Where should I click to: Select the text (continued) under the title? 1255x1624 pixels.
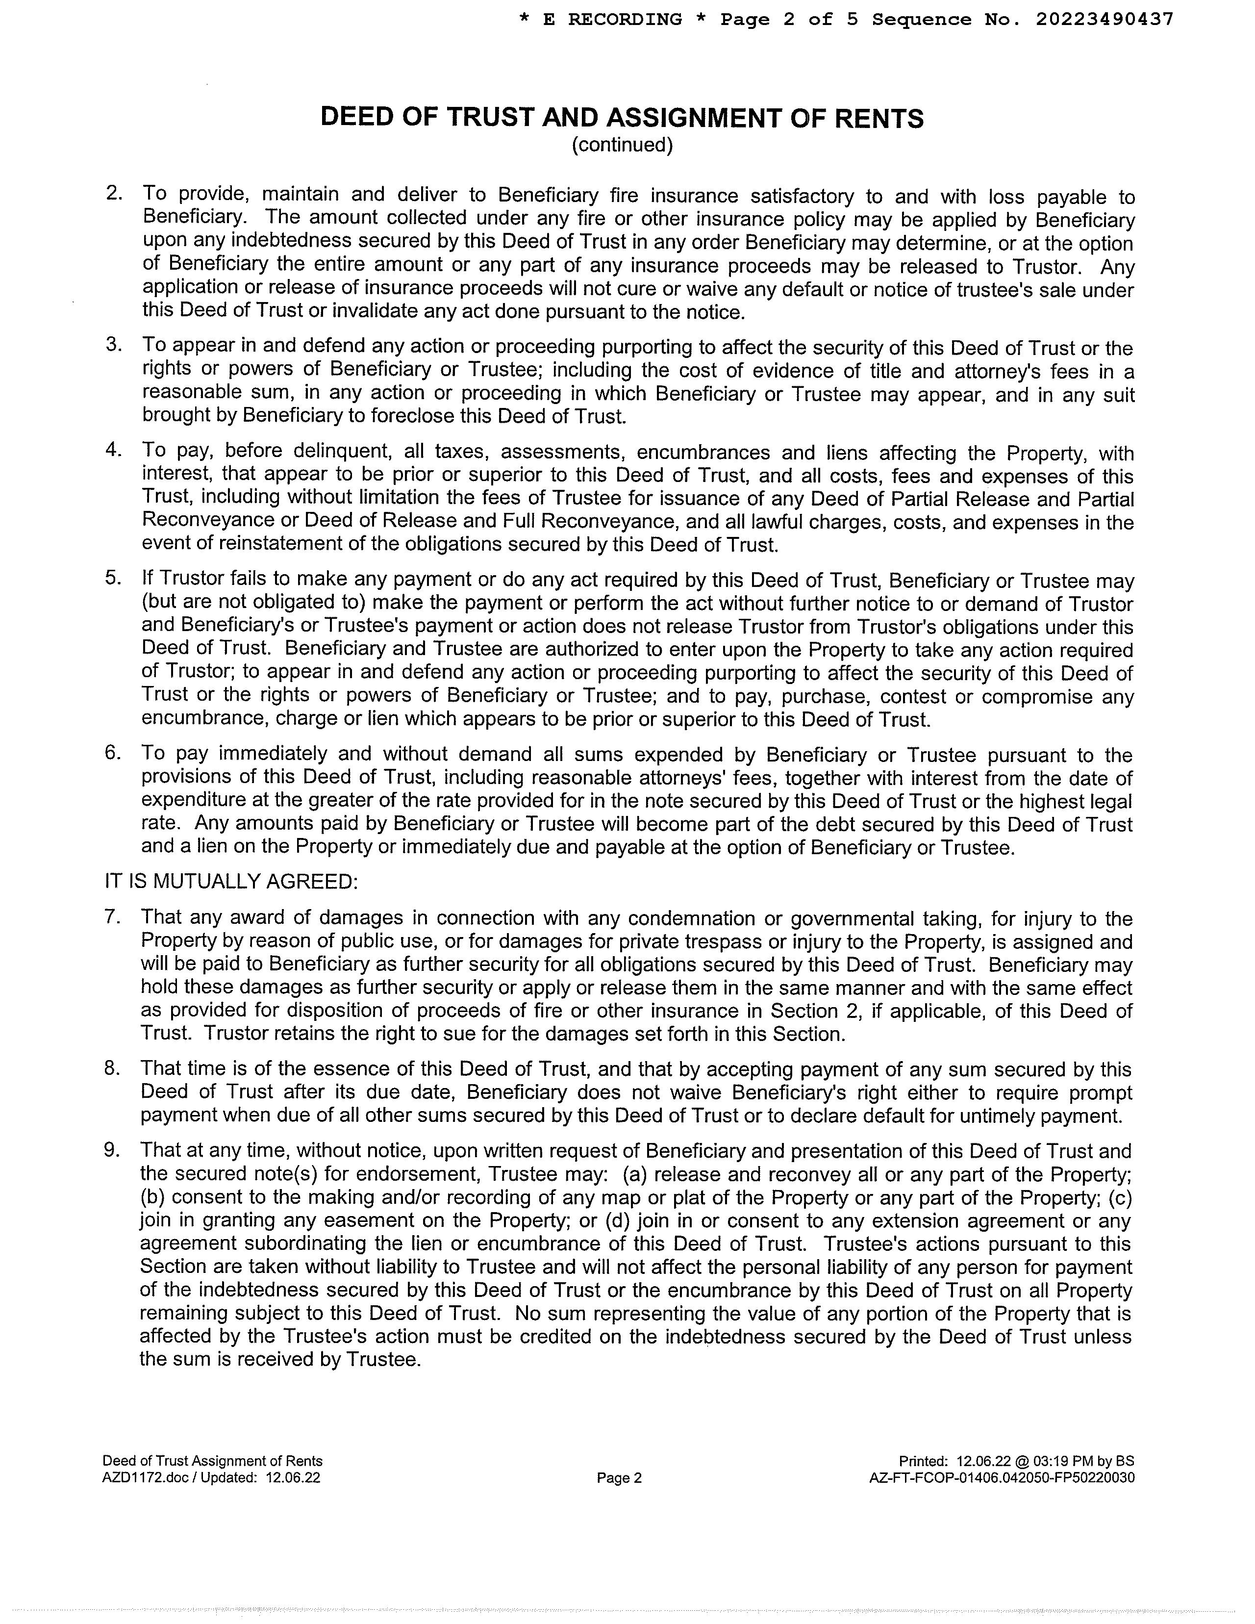click(x=622, y=145)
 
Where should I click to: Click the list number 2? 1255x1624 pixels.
click(x=114, y=193)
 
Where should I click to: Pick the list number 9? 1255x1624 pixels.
click(x=112, y=1150)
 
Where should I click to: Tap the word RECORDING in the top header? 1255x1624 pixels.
click(x=625, y=19)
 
